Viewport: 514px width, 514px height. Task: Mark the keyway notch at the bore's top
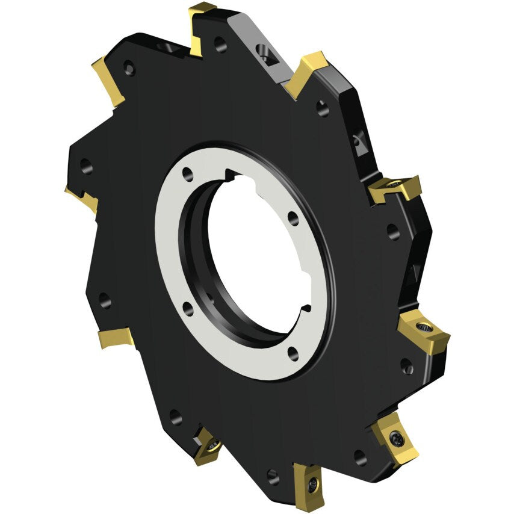(231, 175)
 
